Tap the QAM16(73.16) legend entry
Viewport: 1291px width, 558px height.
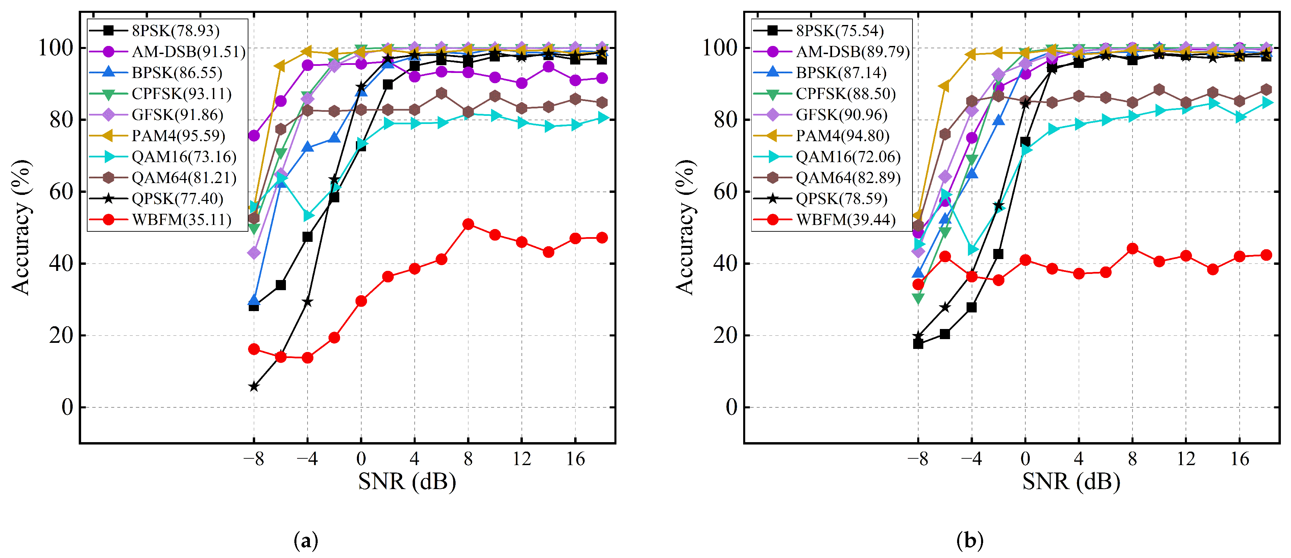184,157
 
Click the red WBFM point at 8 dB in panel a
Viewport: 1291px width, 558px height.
468,224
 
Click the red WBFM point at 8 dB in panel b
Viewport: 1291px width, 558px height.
1132,249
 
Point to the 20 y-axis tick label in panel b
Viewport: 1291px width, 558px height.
725,336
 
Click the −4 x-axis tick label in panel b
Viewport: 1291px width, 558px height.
971,458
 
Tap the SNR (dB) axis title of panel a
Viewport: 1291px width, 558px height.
407,482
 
